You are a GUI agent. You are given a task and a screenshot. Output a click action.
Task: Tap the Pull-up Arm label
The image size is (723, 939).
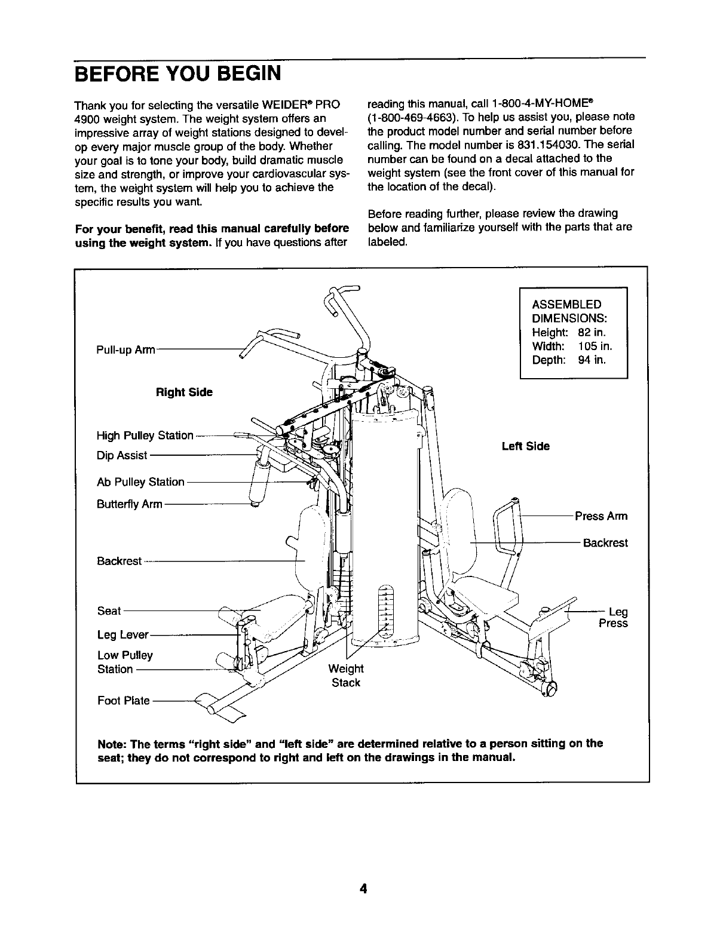point(126,350)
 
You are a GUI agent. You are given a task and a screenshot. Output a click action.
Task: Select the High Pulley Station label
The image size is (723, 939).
point(145,435)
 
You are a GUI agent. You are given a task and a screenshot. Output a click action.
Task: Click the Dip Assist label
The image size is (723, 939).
point(122,456)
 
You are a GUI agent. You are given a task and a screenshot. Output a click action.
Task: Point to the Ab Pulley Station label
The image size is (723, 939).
point(140,482)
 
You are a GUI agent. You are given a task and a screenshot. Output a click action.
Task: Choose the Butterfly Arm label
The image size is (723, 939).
point(129,504)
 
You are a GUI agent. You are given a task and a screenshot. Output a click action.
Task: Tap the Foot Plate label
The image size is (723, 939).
point(124,701)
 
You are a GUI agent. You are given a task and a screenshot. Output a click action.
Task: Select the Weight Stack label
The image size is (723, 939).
point(346,675)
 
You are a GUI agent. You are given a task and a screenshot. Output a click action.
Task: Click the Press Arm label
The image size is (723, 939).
point(601,516)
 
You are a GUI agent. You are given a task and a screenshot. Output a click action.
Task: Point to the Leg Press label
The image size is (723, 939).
point(614,618)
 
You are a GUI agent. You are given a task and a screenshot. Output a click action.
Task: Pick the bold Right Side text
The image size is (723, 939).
point(184,392)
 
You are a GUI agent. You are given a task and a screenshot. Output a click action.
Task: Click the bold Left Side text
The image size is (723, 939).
point(526,446)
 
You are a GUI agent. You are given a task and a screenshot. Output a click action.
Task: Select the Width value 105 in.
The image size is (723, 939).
point(595,346)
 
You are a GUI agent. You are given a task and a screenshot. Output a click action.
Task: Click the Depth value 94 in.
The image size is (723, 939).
point(592,360)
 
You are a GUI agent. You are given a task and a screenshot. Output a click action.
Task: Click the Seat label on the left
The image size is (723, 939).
point(109,611)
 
